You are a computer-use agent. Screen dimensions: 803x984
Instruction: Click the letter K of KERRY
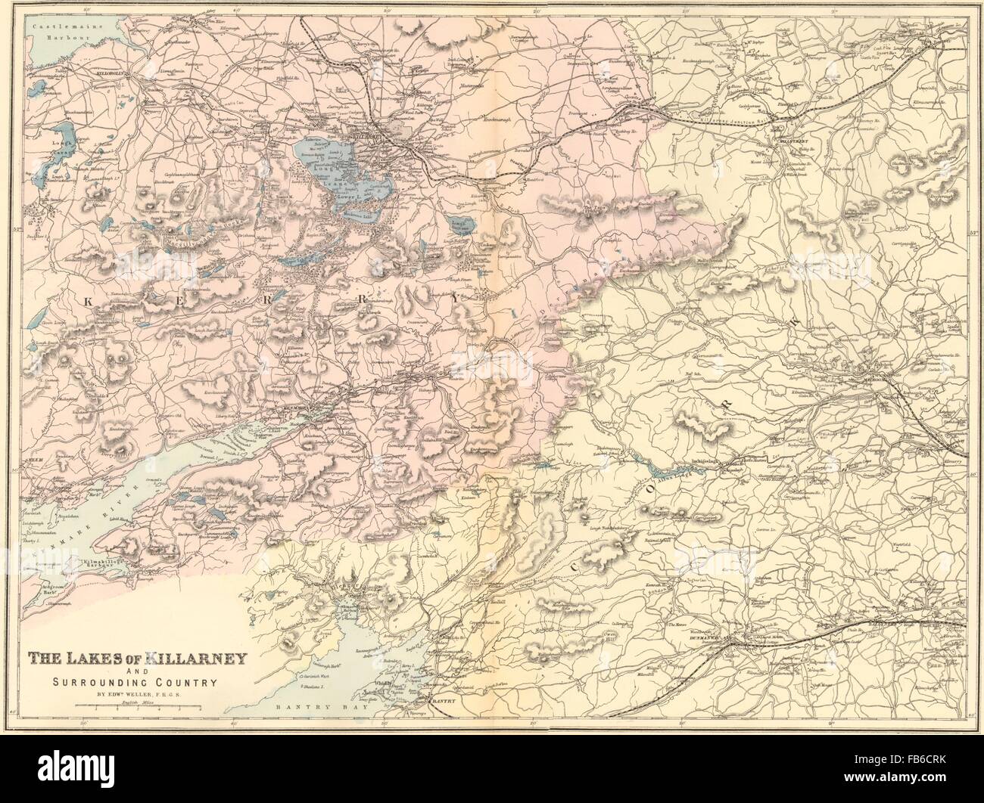coord(87,302)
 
